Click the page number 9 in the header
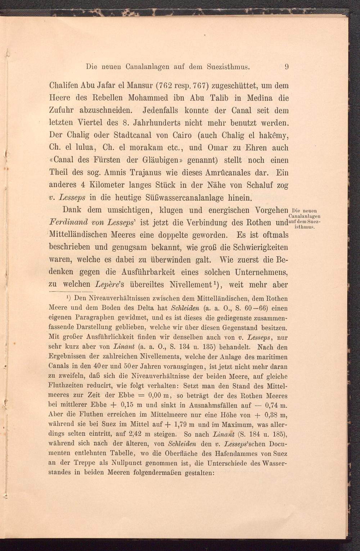tap(287, 67)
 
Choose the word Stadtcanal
tap(136, 135)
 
